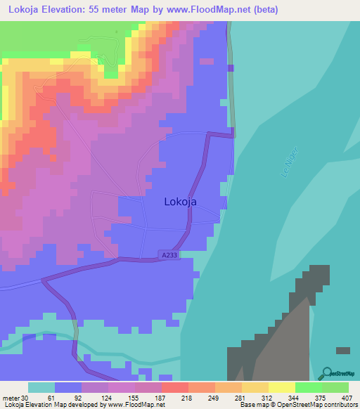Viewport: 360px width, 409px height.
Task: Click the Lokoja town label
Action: pyautogui.click(x=180, y=202)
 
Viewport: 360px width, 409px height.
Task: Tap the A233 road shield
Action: pyautogui.click(x=168, y=255)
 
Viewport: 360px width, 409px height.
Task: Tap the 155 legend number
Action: pyautogui.click(x=131, y=398)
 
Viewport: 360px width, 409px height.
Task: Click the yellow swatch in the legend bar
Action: pyautogui.click(x=282, y=387)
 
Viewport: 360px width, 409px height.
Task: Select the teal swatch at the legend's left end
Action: pyautogui.click(x=41, y=387)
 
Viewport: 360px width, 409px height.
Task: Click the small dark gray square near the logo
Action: pyautogui.click(x=343, y=350)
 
